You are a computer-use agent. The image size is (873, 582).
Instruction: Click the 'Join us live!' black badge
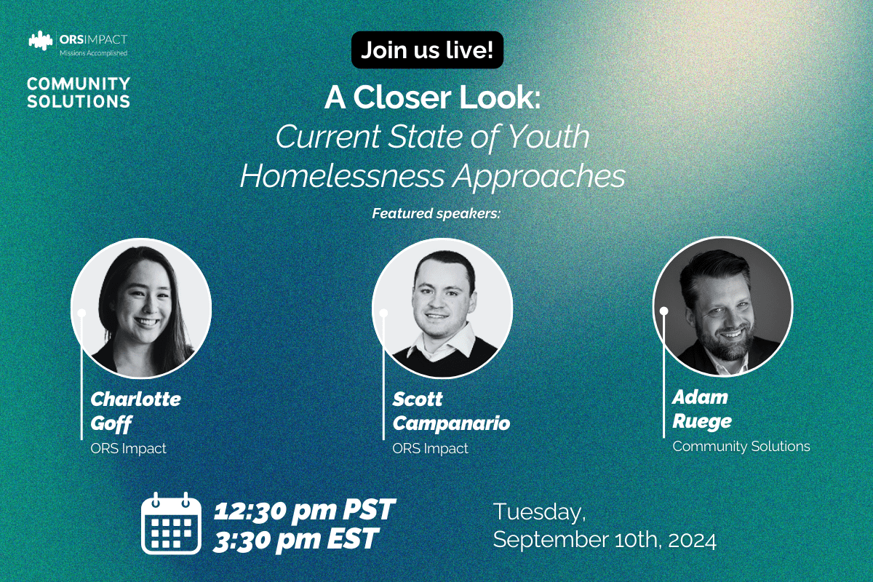pyautogui.click(x=427, y=50)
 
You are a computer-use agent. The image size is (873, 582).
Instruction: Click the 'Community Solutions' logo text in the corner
pyautogui.click(x=79, y=92)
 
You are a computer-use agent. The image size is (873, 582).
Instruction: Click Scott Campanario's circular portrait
pyautogui.click(x=442, y=307)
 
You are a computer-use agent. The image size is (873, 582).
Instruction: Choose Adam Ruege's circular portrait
pyautogui.click(x=722, y=306)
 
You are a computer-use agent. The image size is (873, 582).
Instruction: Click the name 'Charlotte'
pyautogui.click(x=135, y=399)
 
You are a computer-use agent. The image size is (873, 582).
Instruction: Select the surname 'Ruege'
pyautogui.click(x=702, y=421)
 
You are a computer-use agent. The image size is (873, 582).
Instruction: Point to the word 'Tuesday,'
pyautogui.click(x=539, y=511)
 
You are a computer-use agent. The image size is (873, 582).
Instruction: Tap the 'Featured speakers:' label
pyautogui.click(x=437, y=214)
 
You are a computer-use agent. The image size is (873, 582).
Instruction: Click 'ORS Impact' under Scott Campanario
pyautogui.click(x=430, y=449)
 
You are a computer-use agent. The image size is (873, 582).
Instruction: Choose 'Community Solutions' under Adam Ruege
pyautogui.click(x=741, y=446)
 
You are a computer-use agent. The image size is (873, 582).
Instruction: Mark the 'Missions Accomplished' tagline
pyautogui.click(x=92, y=53)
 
